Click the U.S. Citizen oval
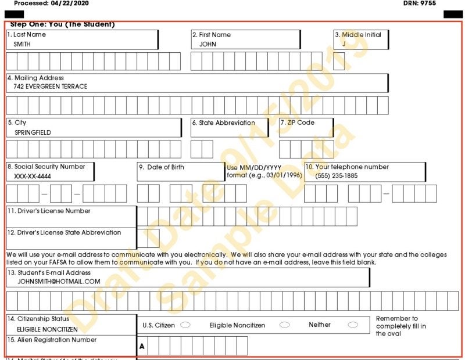185,325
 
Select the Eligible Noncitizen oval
284,325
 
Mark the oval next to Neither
353,325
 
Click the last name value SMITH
22,44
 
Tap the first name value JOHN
208,44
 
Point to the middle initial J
344,44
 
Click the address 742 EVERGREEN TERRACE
51,87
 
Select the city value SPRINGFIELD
33,132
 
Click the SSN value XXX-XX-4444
32,176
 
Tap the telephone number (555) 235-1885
337,176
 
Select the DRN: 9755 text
419,3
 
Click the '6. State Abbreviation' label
223,123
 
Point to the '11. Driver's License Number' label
49,211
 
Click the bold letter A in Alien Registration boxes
142,347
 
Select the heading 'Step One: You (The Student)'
62,24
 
